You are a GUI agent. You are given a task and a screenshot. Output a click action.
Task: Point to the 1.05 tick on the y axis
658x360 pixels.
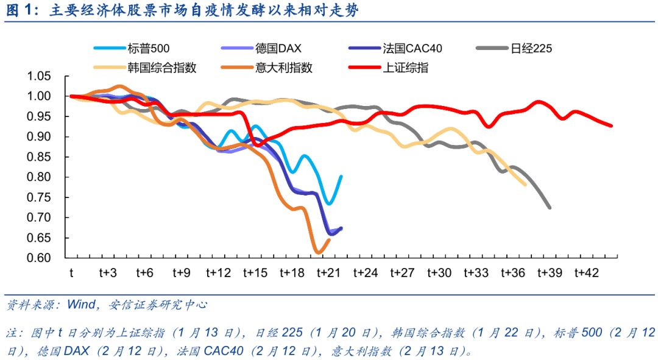click(x=41, y=76)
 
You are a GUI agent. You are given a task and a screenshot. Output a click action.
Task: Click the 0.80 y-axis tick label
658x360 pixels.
click(x=41, y=177)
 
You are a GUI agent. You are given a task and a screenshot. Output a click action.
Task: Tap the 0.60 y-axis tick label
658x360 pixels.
click(x=41, y=258)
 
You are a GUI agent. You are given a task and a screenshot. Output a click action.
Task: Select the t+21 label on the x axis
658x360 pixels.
click(x=330, y=273)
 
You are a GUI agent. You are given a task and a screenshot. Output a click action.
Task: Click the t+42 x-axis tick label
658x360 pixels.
click(x=588, y=273)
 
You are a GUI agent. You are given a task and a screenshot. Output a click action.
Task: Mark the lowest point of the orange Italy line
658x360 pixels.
click(x=319, y=252)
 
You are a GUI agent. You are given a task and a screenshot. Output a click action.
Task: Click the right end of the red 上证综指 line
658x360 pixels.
click(x=611, y=126)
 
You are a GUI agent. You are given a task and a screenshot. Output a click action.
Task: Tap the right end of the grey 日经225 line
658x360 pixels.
click(x=550, y=208)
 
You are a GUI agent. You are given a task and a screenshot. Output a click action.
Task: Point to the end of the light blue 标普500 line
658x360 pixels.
click(x=341, y=176)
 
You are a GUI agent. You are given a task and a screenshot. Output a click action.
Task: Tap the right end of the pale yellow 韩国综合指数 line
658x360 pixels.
click(x=525, y=185)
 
